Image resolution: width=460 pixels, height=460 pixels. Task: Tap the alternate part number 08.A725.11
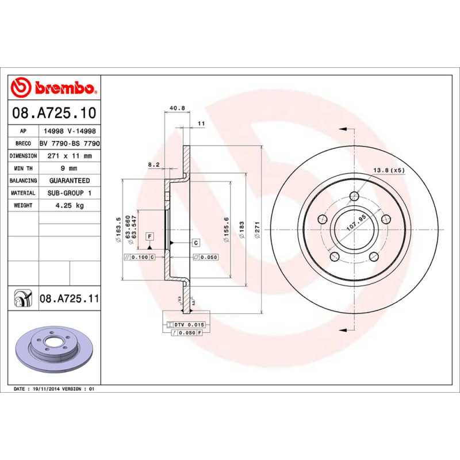click(x=70, y=299)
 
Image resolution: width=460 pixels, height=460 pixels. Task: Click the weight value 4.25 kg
click(x=70, y=205)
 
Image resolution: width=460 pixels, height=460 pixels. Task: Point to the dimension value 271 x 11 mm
click(x=70, y=156)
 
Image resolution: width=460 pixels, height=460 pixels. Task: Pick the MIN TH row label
click(x=24, y=168)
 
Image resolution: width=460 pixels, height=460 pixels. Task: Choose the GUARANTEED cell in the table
click(x=70, y=181)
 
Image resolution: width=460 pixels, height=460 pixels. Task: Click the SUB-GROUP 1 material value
click(x=70, y=193)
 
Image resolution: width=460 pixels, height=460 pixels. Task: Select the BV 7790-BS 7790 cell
click(x=70, y=144)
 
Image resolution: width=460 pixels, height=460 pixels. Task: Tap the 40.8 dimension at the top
click(x=178, y=108)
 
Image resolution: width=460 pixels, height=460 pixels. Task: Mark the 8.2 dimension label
click(x=154, y=164)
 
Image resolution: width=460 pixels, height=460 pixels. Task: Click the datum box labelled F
click(x=149, y=236)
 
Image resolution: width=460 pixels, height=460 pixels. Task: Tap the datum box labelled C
click(x=195, y=243)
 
